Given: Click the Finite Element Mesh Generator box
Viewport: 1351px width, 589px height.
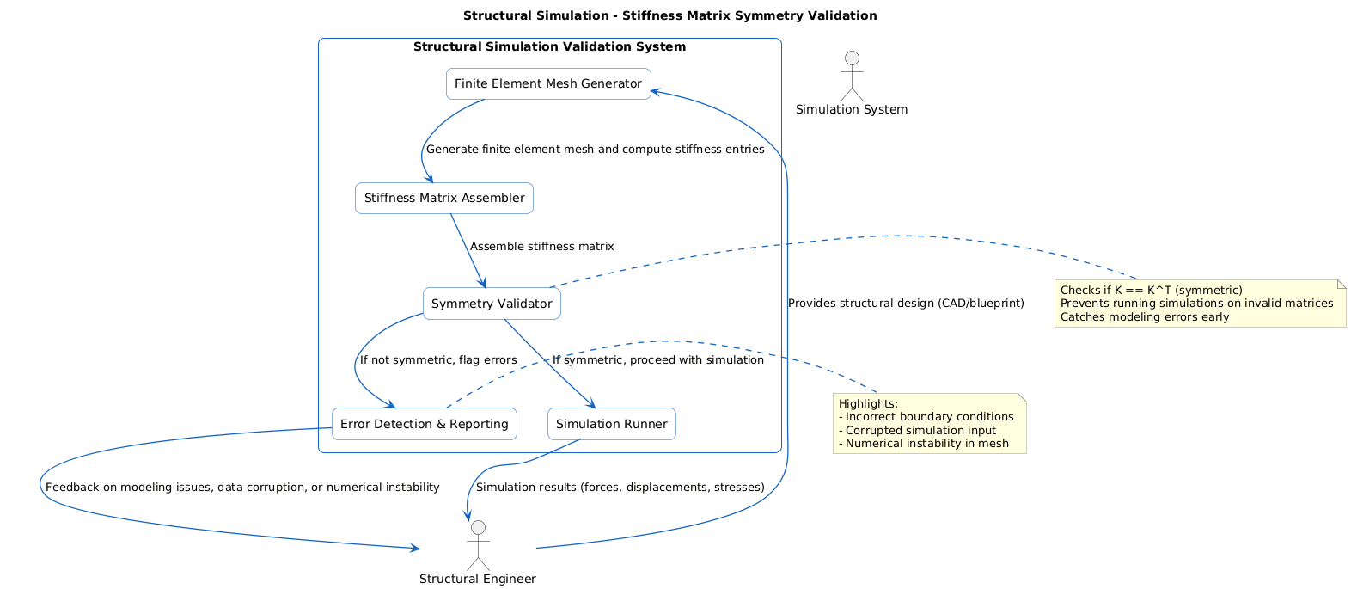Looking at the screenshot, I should click(548, 83).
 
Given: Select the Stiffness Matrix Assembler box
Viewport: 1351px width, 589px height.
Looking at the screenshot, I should click(443, 198).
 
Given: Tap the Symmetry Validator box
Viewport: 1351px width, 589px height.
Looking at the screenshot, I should click(492, 304).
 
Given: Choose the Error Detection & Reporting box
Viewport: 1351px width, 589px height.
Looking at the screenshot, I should click(424, 424).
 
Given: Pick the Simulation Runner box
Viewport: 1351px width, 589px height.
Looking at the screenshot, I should click(611, 424).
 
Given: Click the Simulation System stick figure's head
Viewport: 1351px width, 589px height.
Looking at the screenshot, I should click(852, 58).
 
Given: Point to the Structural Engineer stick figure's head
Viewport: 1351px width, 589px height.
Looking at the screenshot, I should click(478, 527).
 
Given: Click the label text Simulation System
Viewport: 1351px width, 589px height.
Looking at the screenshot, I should click(851, 109).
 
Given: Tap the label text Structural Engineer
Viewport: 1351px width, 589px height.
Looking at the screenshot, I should click(477, 579).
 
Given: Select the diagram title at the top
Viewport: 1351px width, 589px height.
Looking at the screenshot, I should click(669, 15).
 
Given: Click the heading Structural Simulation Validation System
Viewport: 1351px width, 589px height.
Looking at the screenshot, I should click(549, 46).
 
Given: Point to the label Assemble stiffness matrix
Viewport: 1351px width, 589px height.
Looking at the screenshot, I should click(541, 246).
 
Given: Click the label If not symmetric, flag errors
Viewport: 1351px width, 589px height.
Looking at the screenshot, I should click(438, 359).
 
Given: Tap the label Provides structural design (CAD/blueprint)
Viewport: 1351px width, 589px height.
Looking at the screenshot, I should click(905, 303).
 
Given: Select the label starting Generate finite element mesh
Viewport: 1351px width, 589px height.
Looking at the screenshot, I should click(595, 149).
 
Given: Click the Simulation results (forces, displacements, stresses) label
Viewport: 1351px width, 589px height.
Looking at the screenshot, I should click(620, 487).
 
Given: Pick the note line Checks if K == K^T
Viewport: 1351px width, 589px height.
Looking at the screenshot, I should click(1151, 290).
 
